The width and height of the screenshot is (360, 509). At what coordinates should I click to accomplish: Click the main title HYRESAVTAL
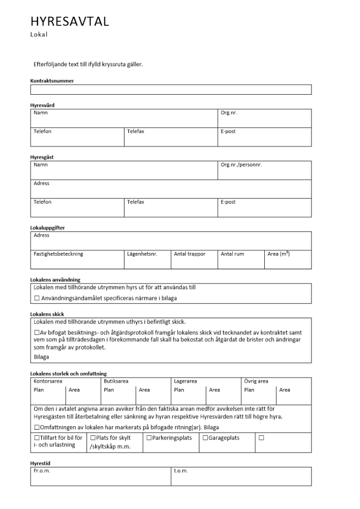[x=69, y=21]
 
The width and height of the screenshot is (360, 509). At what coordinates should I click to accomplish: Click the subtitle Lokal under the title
[x=39, y=35]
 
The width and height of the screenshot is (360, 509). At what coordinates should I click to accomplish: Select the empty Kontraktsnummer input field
[x=171, y=90]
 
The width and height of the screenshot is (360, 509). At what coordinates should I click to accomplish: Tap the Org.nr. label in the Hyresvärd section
[x=229, y=113]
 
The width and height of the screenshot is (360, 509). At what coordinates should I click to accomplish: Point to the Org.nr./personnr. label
[x=241, y=165]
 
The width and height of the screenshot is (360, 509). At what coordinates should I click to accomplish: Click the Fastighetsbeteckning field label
[x=58, y=253]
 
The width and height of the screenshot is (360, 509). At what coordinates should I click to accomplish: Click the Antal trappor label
[x=189, y=253]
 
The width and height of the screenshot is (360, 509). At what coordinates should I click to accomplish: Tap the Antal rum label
[x=232, y=253]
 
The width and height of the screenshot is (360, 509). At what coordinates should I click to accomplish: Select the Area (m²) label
[x=279, y=253]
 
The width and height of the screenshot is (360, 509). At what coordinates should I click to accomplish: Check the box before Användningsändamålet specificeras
[x=37, y=298]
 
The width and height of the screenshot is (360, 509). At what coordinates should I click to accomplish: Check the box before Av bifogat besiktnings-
[x=37, y=332]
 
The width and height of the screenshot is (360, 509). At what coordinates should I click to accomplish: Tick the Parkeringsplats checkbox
[x=149, y=438]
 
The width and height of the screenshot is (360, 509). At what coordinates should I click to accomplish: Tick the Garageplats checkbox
[x=205, y=438]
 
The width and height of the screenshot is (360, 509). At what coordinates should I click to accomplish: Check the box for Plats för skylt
[x=93, y=438]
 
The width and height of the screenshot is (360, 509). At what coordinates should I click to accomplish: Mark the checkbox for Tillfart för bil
[x=37, y=438]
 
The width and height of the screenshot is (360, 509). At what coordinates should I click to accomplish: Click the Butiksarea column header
[x=116, y=381]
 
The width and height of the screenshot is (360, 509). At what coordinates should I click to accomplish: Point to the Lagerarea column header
[x=185, y=381]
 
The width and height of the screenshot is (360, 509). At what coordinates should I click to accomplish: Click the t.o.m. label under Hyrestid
[x=181, y=471]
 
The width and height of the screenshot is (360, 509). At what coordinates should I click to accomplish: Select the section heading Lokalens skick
[x=47, y=314]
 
